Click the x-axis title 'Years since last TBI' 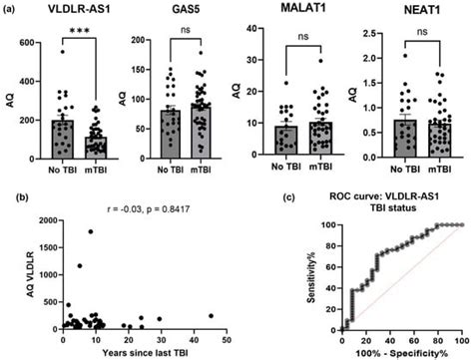pos(143,350)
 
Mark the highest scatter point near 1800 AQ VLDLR pos(90,232)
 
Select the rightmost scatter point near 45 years pos(211,316)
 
